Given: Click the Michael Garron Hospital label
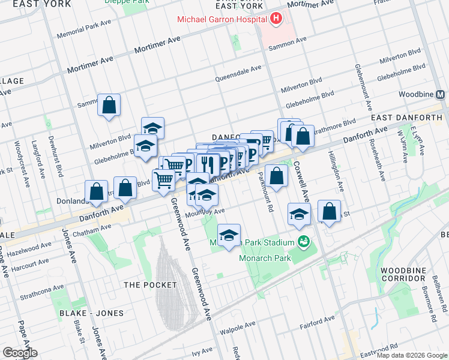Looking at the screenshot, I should point(221,20).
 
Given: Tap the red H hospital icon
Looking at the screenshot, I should point(276,19).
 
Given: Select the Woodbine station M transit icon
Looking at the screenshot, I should point(441,95).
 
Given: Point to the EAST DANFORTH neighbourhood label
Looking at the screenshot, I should point(406,118).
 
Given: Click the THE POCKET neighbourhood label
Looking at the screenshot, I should point(149,284).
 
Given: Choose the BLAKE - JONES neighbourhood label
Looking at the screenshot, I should point(91,313).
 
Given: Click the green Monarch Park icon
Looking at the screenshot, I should point(304,242).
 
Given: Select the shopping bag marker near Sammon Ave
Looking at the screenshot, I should point(109,106).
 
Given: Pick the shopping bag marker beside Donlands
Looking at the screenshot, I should point(97,192).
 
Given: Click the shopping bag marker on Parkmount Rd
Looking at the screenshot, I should point(276,176).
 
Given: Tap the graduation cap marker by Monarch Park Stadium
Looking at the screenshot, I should point(229,236).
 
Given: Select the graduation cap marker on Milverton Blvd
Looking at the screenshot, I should point(152,128).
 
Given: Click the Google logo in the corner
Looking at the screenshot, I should point(19,353).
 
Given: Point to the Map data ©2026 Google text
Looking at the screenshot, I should point(412,356).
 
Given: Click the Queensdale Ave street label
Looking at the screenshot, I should point(238,70).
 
